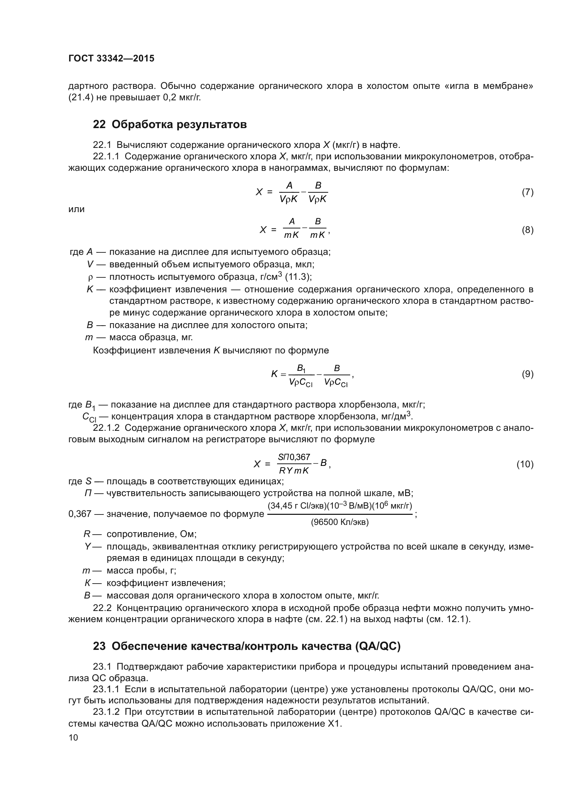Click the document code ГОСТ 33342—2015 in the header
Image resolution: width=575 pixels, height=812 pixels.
tap(111, 59)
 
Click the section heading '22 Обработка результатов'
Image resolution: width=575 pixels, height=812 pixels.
tap(170, 125)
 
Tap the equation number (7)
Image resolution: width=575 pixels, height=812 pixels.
tap(527, 192)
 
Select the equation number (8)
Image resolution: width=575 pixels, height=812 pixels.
tap(527, 230)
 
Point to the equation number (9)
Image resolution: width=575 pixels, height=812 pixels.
tap(527, 374)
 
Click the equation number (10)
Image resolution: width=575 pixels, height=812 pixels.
tap(525, 464)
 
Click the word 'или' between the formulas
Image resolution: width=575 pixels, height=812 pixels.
tap(76, 209)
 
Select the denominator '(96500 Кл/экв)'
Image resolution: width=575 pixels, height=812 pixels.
tap(340, 522)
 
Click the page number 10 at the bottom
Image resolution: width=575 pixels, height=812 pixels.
tap(73, 737)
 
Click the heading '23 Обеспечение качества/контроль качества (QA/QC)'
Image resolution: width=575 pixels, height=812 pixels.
tap(246, 646)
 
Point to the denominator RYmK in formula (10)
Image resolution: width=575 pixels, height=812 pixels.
tap(293, 471)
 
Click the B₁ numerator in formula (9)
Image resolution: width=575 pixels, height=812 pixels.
tap(301, 369)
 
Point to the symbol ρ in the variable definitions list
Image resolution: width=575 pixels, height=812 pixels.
tap(90, 277)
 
